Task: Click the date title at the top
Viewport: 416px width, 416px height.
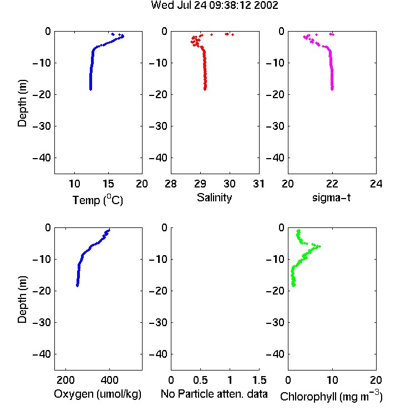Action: point(214,6)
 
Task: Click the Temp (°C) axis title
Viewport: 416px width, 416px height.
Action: point(98,200)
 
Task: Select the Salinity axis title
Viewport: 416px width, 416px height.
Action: point(214,197)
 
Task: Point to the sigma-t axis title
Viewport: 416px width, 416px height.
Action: point(331,197)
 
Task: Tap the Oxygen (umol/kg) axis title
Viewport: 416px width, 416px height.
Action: point(98,394)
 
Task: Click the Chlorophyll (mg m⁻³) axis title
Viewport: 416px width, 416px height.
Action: point(331,396)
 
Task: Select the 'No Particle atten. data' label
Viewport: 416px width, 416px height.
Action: point(214,394)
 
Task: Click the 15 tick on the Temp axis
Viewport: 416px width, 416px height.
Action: point(108,184)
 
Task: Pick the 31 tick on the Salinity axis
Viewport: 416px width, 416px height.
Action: point(258,184)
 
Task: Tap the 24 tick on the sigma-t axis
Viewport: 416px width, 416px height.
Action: point(376,184)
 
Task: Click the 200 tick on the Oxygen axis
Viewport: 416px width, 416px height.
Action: point(65,380)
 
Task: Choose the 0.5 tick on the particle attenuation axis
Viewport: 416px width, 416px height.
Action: point(200,380)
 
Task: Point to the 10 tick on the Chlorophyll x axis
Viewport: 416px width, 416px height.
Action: point(332,380)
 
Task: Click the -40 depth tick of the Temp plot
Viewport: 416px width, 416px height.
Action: point(42,158)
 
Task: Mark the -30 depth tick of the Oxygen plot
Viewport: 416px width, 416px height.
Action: point(42,322)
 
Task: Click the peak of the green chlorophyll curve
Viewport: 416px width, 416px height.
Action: point(319,246)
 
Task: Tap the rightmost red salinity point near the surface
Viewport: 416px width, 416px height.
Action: point(232,34)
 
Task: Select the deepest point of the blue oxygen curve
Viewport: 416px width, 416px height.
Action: point(78,286)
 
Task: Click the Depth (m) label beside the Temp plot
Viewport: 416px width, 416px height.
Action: point(22,103)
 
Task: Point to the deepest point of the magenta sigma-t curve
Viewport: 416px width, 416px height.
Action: point(332,89)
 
